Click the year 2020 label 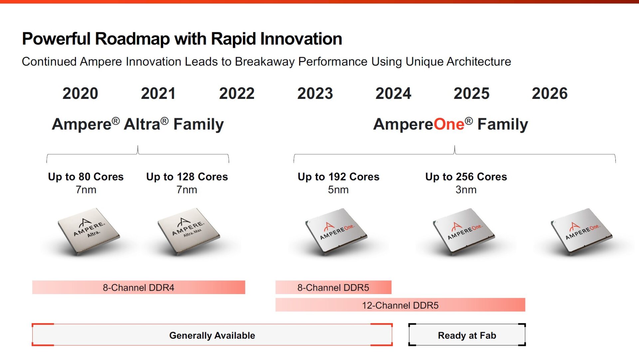tap(80, 94)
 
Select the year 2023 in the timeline tap(315, 94)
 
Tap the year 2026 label tap(549, 94)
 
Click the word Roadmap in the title tap(132, 39)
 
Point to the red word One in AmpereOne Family tap(449, 125)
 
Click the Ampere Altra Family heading tap(138, 125)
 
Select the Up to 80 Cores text tap(86, 177)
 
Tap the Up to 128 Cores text tap(187, 177)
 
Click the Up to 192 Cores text tap(338, 177)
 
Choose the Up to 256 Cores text tap(466, 177)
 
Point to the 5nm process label tap(338, 190)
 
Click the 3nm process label tap(466, 190)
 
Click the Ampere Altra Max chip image tap(188, 231)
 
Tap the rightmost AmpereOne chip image tap(581, 231)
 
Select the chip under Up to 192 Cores tap(336, 231)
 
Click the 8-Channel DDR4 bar tap(138, 287)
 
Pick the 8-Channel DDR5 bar tap(333, 287)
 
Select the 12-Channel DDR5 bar tap(400, 305)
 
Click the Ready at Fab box tap(467, 335)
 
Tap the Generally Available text tap(212, 335)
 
